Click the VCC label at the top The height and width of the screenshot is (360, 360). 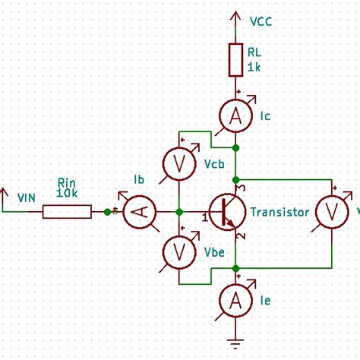260,21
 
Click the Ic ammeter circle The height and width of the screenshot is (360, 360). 235,116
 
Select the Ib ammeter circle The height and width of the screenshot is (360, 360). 139,212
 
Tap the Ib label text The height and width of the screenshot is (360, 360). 139,180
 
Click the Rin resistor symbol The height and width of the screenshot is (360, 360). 67,212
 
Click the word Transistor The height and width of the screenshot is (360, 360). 279,213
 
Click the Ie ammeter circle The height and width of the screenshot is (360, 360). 235,300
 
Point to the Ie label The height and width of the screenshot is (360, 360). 265,301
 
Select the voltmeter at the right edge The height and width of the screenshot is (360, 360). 332,212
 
